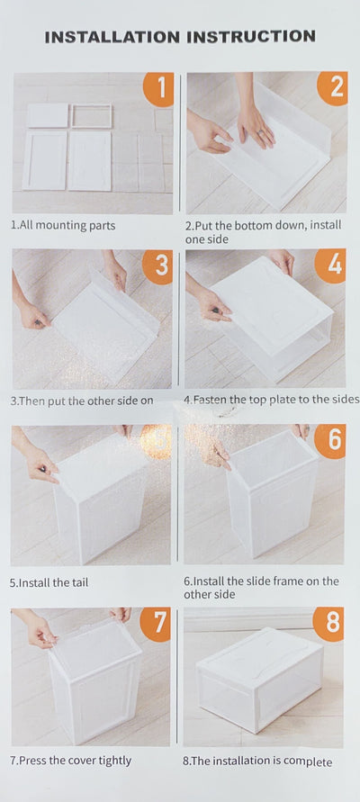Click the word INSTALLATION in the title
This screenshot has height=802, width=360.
[x=112, y=37]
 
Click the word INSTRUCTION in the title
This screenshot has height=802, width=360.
[x=250, y=36]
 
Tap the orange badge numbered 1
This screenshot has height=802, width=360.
[x=159, y=89]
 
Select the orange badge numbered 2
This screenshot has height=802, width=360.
[x=333, y=88]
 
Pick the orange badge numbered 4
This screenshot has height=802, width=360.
[x=331, y=266]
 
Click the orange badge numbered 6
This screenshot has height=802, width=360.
[x=330, y=441]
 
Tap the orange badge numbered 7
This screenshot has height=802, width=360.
[x=156, y=625]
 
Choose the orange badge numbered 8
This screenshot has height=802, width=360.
[x=328, y=624]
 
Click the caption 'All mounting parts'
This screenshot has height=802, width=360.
[x=63, y=226]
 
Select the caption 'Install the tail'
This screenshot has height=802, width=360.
[x=49, y=582]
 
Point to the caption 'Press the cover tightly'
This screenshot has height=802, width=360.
[x=70, y=760]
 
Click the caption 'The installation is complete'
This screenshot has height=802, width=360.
[x=257, y=761]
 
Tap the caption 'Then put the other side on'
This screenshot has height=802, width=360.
[x=82, y=401]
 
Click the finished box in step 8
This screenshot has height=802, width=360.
[x=260, y=680]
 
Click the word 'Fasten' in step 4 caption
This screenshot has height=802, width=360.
[x=211, y=400]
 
